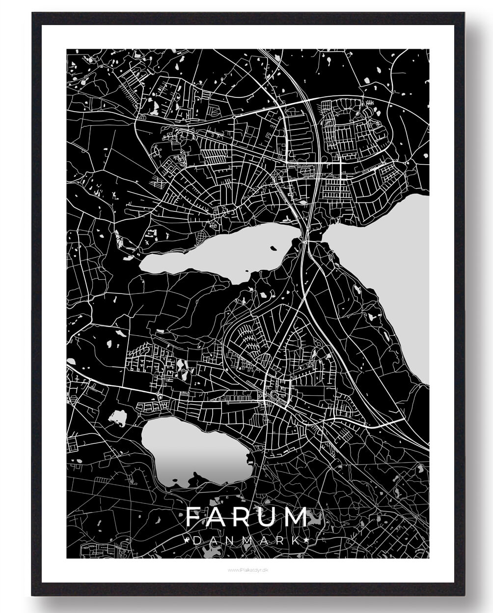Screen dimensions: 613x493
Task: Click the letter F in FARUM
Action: [193, 517]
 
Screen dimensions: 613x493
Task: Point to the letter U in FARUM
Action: [271, 517]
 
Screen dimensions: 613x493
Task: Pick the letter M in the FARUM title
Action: [298, 517]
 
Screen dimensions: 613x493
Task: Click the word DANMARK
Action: [247, 540]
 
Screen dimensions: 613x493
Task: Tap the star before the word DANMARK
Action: [187, 540]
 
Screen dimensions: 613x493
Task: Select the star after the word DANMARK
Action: [307, 540]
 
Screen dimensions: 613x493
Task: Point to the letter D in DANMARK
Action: [197, 540]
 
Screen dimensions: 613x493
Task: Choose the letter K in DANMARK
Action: [296, 540]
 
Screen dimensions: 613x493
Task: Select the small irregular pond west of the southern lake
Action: [118, 418]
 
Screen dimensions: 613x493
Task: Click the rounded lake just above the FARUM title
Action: [196, 452]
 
